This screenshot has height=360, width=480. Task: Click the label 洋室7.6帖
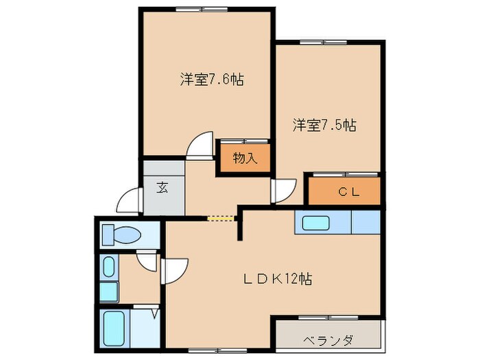212,80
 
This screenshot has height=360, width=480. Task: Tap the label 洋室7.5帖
324,125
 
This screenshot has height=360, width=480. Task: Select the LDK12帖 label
279,279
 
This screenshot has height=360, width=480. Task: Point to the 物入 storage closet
244,158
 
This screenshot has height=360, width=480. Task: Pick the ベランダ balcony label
328,339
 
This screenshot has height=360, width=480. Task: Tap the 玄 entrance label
163,187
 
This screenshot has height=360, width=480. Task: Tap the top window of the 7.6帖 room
200,9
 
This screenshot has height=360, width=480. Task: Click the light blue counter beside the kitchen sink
365,223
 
